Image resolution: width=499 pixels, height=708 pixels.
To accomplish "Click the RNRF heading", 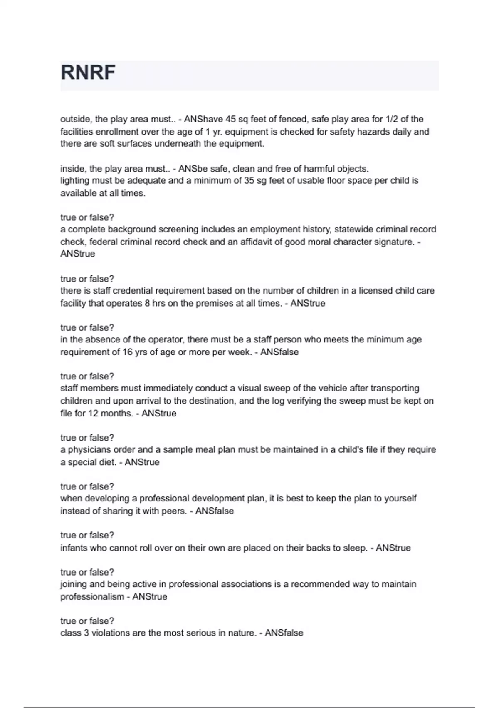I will (88, 72).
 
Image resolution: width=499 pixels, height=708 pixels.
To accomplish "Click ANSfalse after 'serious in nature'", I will (284, 633).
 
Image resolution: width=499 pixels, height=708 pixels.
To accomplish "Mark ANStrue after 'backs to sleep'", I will (393, 548).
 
